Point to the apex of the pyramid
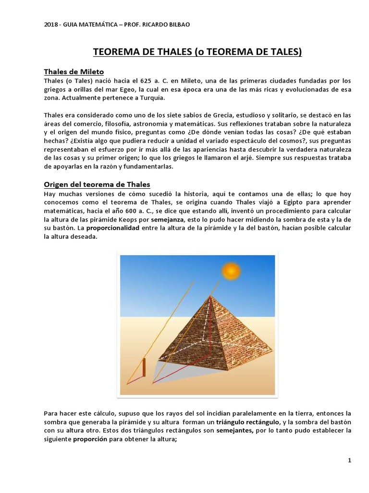click(210, 297)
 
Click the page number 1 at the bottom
click(350, 460)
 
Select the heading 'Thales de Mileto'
click(74, 72)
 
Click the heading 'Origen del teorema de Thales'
click(97, 184)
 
